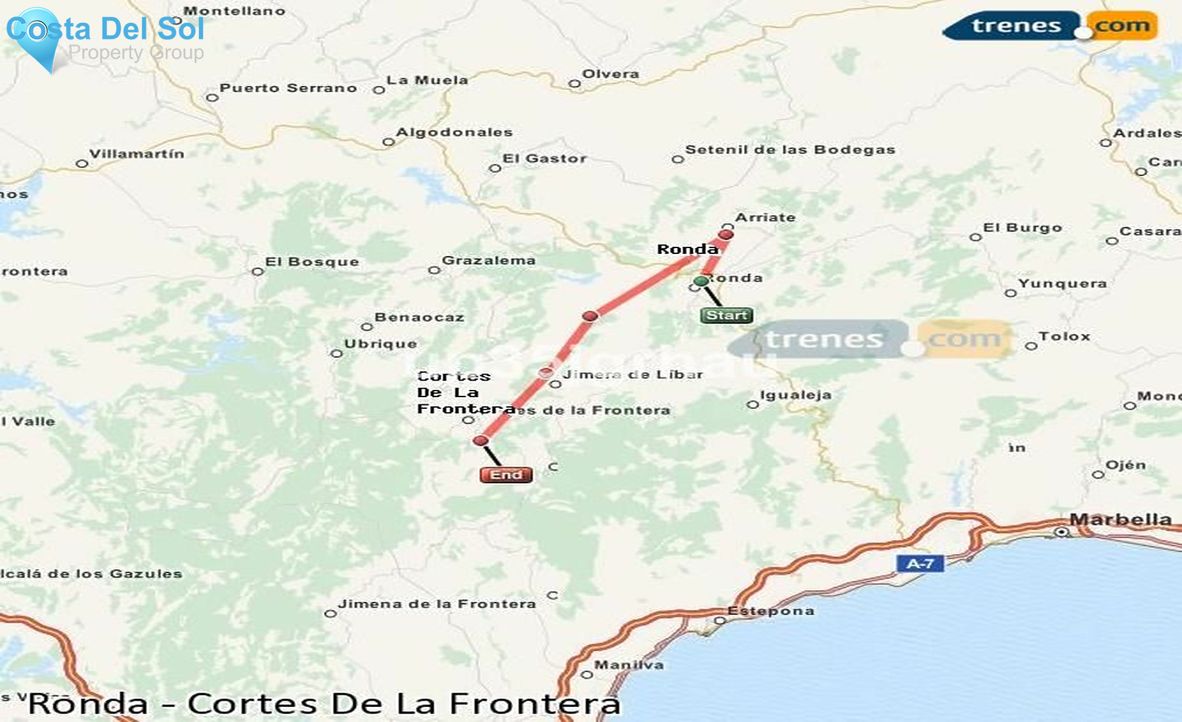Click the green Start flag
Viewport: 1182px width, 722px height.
pyautogui.click(x=726, y=316)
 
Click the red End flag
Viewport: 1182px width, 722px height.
pyautogui.click(x=506, y=475)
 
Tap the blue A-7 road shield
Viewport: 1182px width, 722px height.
pyautogui.click(x=920, y=563)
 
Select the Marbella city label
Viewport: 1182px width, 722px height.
pyautogui.click(x=1120, y=520)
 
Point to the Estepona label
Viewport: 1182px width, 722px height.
pyautogui.click(x=771, y=611)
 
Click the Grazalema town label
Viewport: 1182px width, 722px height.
pyautogui.click(x=489, y=261)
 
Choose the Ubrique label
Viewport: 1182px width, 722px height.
pyautogui.click(x=381, y=344)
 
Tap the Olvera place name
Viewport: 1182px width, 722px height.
pyautogui.click(x=611, y=74)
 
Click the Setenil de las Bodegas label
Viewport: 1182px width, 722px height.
pyautogui.click(x=790, y=150)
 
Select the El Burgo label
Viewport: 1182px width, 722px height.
pyautogui.click(x=1022, y=228)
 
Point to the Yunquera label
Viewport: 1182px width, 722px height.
pyautogui.click(x=1062, y=284)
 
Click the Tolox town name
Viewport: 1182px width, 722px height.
pyautogui.click(x=1064, y=337)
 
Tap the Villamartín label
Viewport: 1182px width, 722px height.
pyautogui.click(x=137, y=154)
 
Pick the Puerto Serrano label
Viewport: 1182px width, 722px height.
pyautogui.click(x=288, y=88)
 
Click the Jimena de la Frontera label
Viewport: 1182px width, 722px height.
pyautogui.click(x=437, y=604)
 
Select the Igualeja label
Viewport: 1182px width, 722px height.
pyautogui.click(x=796, y=395)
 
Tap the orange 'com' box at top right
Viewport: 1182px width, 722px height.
pyautogui.click(x=1122, y=26)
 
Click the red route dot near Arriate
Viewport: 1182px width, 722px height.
pyautogui.click(x=726, y=235)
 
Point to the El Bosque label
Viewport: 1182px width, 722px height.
pyautogui.click(x=312, y=262)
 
